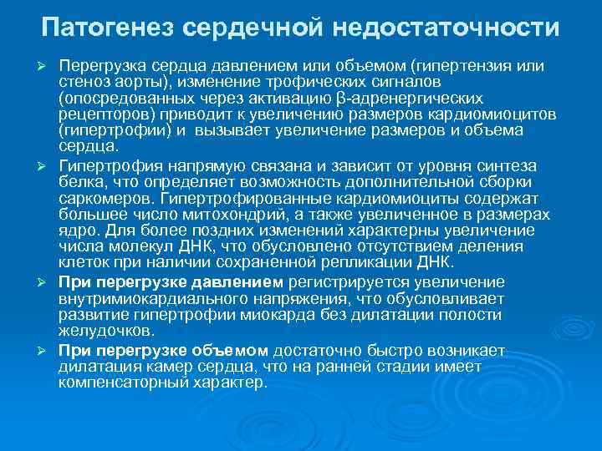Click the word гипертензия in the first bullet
click(467, 64)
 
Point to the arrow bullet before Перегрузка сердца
click(48, 65)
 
